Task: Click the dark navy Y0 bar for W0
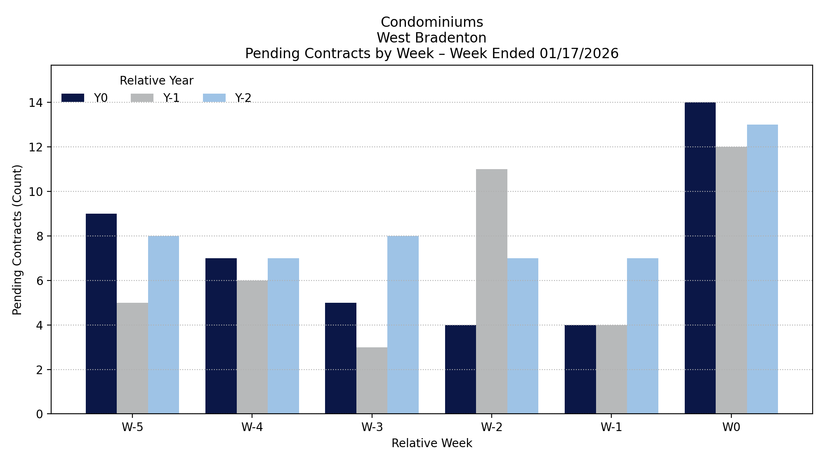pyautogui.click(x=700, y=258)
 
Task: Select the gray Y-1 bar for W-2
pyautogui.click(x=492, y=291)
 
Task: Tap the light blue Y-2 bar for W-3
pyautogui.click(x=403, y=325)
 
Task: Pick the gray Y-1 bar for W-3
pyautogui.click(x=372, y=380)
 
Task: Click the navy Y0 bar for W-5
pyautogui.click(x=101, y=313)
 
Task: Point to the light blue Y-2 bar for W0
pyautogui.click(x=762, y=269)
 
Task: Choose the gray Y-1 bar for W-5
pyautogui.click(x=132, y=358)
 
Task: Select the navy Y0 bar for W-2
pyautogui.click(x=460, y=369)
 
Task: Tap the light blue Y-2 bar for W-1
pyautogui.click(x=643, y=336)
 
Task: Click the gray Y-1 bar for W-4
pyautogui.click(x=252, y=347)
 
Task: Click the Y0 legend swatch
pyautogui.click(x=73, y=98)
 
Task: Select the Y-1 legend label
pyautogui.click(x=171, y=98)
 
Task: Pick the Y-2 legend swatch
pyautogui.click(x=214, y=98)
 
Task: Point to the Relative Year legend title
pyautogui.click(x=156, y=81)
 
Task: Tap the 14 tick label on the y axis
pyautogui.click(x=36, y=102)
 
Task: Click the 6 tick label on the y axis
pyautogui.click(x=39, y=280)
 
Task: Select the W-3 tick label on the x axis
pyautogui.click(x=372, y=427)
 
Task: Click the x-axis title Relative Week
pyautogui.click(x=431, y=443)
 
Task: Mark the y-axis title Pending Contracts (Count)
pyautogui.click(x=17, y=240)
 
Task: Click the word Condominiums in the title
pyautogui.click(x=431, y=22)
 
